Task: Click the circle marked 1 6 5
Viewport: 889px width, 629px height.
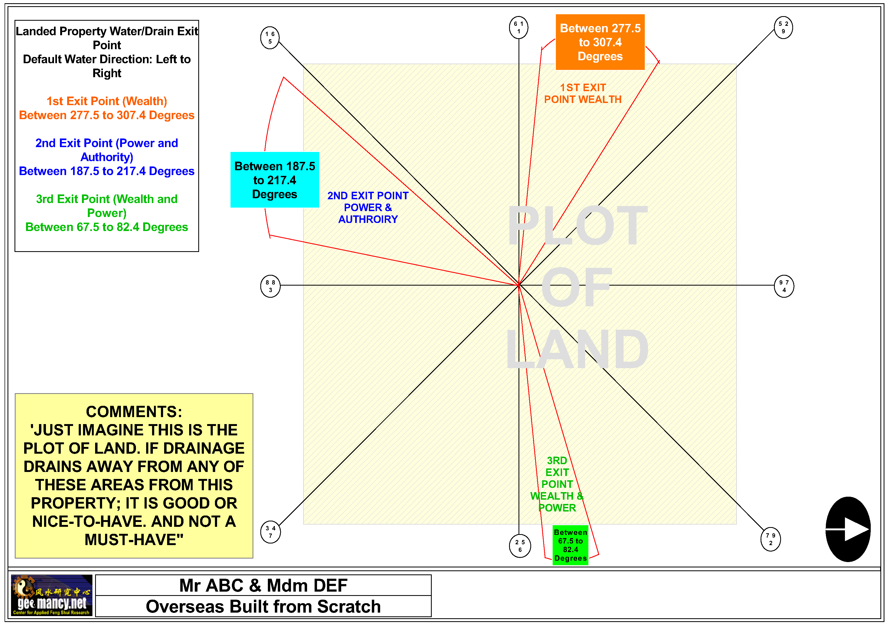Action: click(x=270, y=38)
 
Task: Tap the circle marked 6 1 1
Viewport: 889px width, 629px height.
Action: click(x=519, y=27)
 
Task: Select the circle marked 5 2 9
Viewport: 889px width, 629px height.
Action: click(x=783, y=27)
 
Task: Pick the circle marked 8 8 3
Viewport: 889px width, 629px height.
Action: click(x=270, y=286)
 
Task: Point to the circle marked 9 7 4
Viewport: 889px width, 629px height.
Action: click(x=784, y=286)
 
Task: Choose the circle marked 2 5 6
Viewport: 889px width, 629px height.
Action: click(x=520, y=546)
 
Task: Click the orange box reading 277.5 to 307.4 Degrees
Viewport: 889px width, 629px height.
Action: click(x=600, y=42)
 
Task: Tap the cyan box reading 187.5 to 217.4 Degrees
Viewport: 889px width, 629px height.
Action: click(x=275, y=180)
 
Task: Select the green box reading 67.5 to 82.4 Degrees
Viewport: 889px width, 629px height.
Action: click(x=570, y=545)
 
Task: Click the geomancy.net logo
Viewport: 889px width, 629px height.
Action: click(x=52, y=595)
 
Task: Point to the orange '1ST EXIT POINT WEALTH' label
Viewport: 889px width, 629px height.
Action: click(x=582, y=93)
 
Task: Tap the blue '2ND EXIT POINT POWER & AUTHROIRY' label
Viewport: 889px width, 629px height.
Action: click(x=368, y=207)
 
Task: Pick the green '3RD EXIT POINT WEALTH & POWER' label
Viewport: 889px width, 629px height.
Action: click(x=557, y=484)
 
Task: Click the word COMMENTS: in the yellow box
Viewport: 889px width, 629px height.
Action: click(x=134, y=412)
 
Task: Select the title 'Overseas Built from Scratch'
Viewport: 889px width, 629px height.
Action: click(x=263, y=606)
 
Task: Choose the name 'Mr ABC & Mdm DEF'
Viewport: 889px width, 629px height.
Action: click(x=263, y=585)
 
